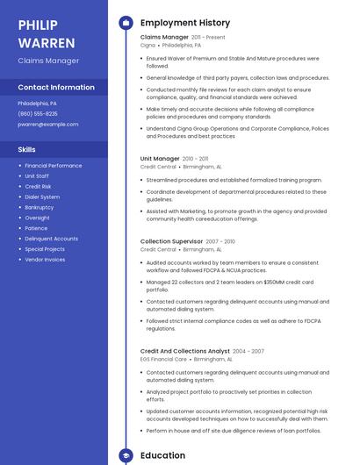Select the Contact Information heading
56,88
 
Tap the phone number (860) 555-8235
38,113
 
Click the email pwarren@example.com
47,125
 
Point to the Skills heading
27,149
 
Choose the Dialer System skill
42,197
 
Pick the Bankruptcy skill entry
39,207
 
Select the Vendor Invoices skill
45,260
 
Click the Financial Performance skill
53,165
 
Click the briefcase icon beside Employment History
126,23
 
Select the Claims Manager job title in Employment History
164,38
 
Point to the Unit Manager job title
160,159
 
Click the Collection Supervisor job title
172,241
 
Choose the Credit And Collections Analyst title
184,351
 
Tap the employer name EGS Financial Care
163,359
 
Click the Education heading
162,455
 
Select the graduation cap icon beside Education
126,455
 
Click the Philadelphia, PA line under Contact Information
37,103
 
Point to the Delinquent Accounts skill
51,239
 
